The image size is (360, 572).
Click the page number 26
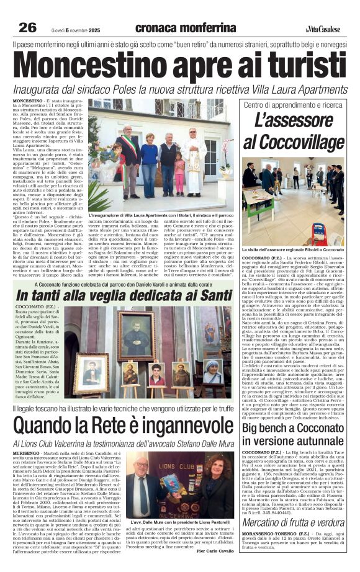[27, 27]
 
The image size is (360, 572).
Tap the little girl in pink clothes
[179, 174]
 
